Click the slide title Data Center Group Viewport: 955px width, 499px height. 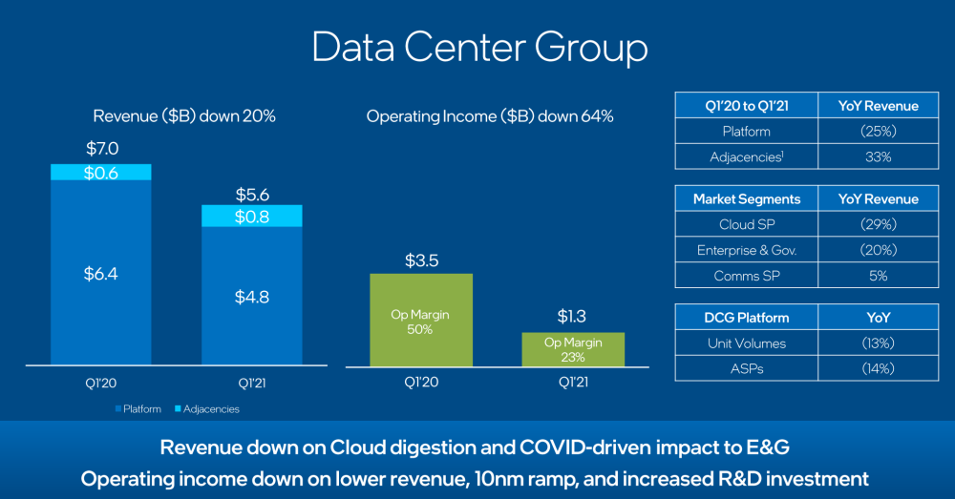tap(478, 48)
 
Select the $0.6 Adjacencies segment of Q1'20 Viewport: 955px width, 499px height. tap(100, 172)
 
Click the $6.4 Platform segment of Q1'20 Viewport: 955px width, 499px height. tap(100, 274)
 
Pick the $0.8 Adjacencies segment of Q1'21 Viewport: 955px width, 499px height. tap(252, 217)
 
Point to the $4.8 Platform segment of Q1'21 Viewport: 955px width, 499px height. tap(252, 296)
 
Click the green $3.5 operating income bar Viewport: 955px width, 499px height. tap(421, 320)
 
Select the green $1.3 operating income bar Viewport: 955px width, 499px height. tap(573, 349)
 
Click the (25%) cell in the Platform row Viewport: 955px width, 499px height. tap(878, 131)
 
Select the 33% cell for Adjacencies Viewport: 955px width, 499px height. tap(878, 156)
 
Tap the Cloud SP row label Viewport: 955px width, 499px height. tap(745, 224)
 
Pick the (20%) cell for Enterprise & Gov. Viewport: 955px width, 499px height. tap(878, 250)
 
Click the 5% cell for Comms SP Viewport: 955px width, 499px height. tap(878, 276)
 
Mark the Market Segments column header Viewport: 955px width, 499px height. tap(745, 198)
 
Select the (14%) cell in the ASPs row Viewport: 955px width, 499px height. tap(878, 368)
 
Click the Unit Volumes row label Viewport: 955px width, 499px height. tap(745, 343)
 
